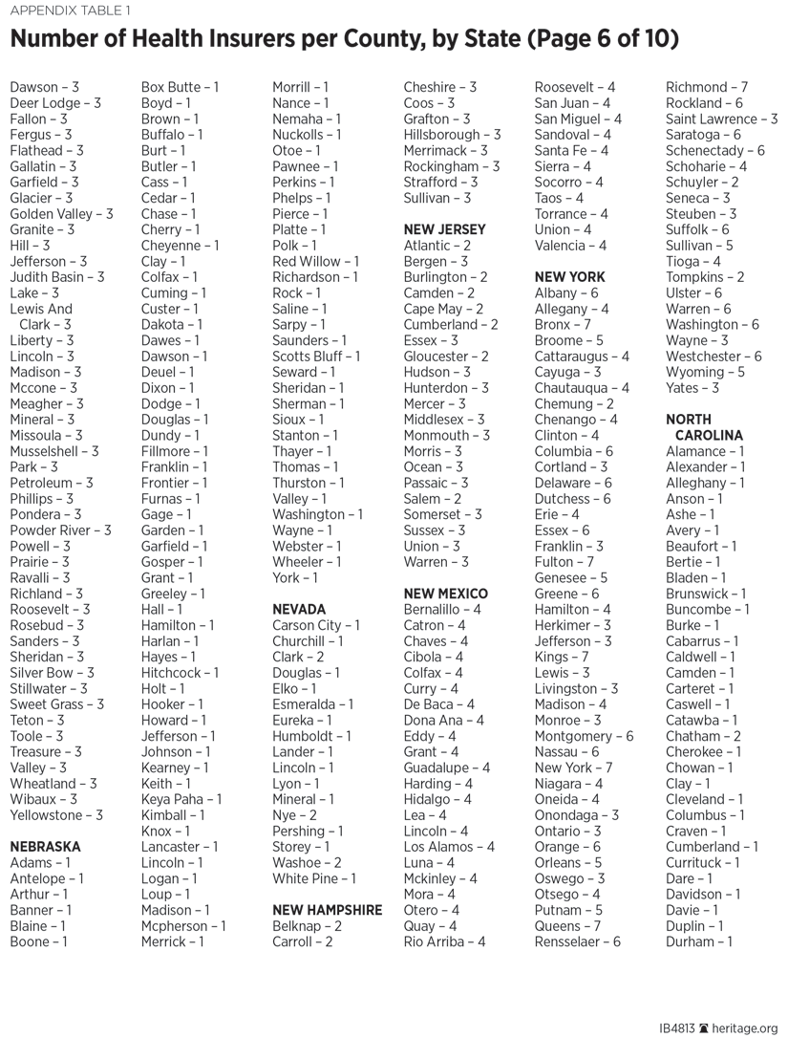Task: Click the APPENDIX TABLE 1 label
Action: tap(71, 11)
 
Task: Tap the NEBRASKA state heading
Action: tap(45, 847)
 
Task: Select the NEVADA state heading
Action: tap(299, 609)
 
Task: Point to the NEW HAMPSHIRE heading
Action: tap(327, 910)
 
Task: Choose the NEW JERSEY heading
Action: tap(444, 229)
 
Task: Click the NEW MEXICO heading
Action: tap(445, 594)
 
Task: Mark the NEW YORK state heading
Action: tap(569, 277)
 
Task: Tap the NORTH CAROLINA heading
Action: tap(704, 427)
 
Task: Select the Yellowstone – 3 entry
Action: tap(56, 815)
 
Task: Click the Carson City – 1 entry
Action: tap(316, 625)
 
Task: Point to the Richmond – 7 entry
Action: tap(707, 87)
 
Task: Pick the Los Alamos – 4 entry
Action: tap(449, 847)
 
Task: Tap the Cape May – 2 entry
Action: tap(443, 309)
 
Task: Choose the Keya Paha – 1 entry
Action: tap(181, 799)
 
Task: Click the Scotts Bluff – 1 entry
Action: tap(316, 357)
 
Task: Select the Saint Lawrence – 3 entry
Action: tap(721, 119)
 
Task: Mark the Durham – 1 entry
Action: tap(699, 941)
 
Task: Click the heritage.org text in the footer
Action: tap(747, 1027)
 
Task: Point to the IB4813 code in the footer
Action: tap(677, 1027)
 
